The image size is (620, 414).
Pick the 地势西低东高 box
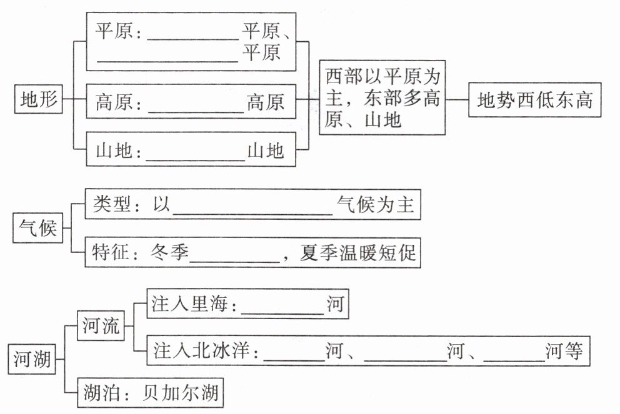click(x=535, y=99)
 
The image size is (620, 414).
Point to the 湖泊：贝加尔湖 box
click(x=150, y=393)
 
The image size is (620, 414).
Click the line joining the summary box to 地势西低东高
click(x=457, y=99)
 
